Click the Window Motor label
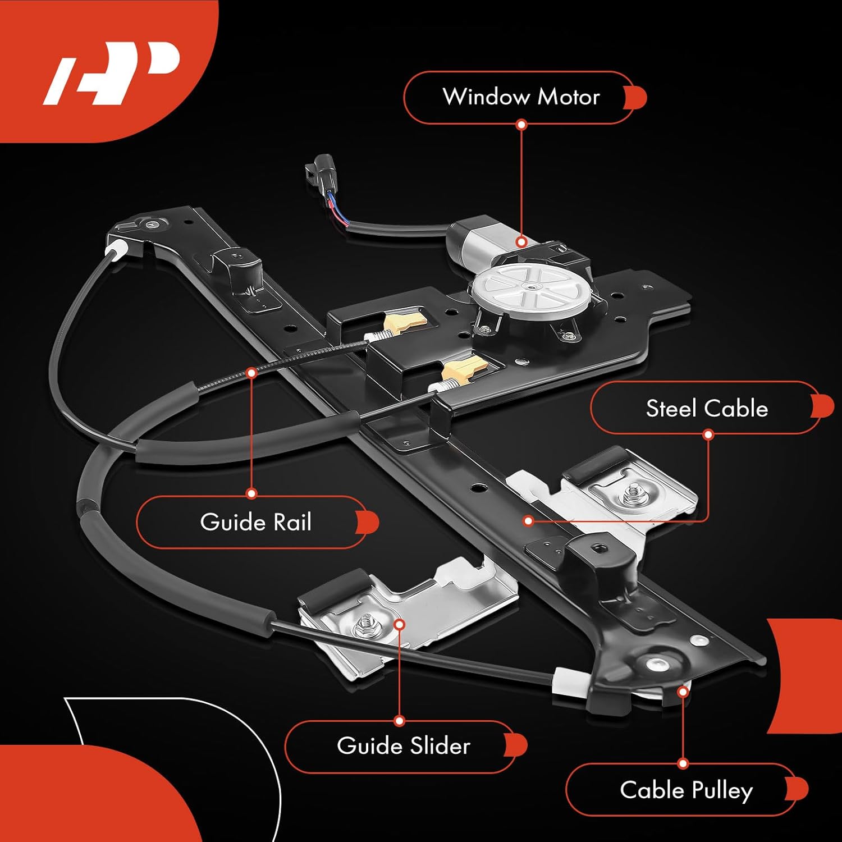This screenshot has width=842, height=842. coord(521,97)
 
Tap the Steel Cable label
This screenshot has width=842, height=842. coord(707,408)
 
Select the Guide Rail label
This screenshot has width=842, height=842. coord(255,522)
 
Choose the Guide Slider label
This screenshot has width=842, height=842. coord(403,746)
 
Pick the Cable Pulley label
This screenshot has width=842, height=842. coord(686,790)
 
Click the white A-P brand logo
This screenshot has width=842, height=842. coord(112,73)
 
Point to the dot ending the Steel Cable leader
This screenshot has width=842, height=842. coord(528,521)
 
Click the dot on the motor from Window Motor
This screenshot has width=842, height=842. coord(521,242)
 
